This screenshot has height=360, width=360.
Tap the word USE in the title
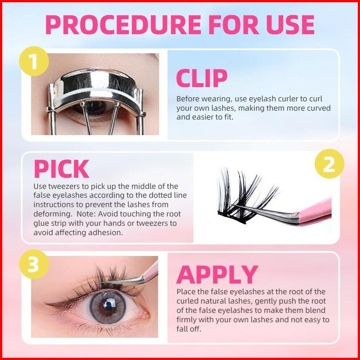tap(290, 24)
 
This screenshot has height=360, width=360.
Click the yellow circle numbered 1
tap(34, 61)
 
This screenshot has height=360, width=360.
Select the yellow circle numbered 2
tap(329, 164)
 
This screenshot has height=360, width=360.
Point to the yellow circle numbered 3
tap(34, 264)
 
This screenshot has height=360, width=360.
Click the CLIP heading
tap(202, 78)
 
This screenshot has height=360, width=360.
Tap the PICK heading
tap(61, 169)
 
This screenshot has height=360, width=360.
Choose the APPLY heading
tap(217, 274)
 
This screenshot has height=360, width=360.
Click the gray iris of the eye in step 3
tap(108, 307)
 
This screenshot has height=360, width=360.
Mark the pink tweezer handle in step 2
tap(315, 212)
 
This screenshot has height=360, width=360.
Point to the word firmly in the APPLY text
tap(186, 320)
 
